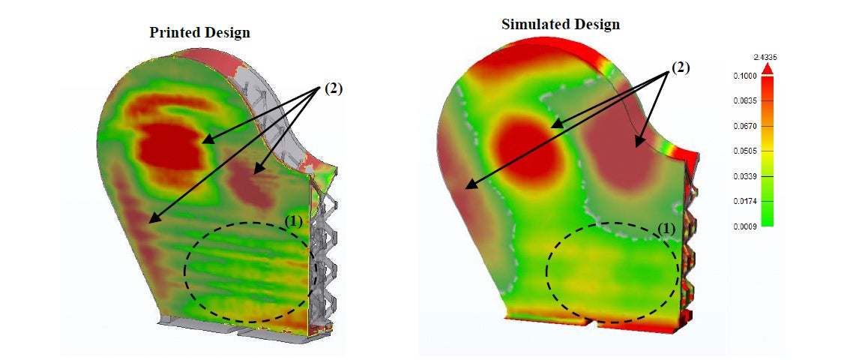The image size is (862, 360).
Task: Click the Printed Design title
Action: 199,32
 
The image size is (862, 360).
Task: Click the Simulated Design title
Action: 560,24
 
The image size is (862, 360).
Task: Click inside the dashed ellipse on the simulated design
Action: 611,270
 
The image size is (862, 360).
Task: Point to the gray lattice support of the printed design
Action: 325,247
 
